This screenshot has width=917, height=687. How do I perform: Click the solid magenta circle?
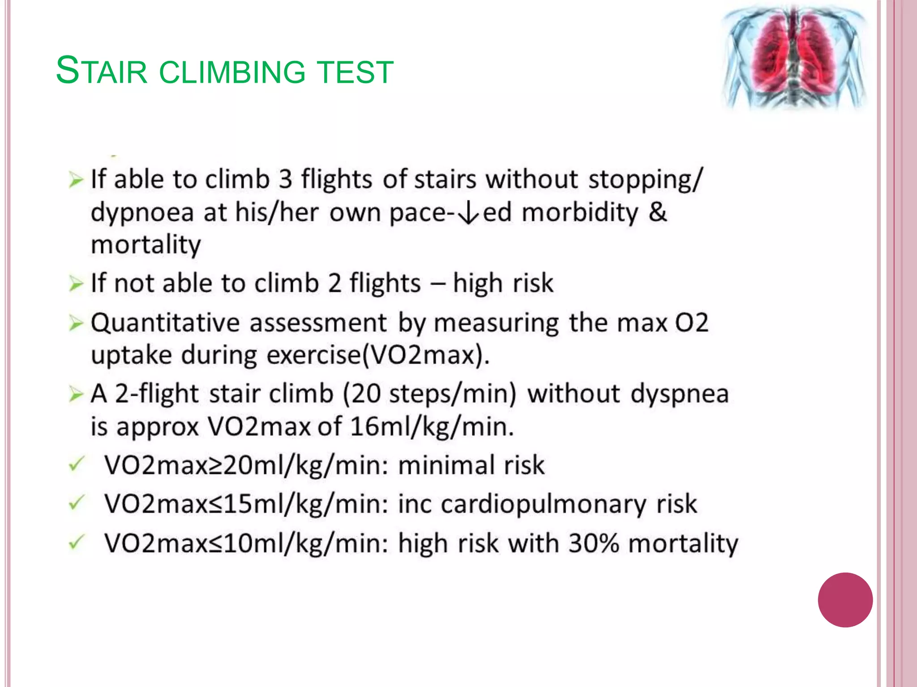845,600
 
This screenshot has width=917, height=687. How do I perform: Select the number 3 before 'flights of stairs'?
286,179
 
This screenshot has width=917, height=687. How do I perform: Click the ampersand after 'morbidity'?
657,212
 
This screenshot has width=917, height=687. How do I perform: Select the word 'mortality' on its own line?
146,245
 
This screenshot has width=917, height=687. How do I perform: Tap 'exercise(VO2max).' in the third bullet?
378,356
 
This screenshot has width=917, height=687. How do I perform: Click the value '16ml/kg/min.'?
432,427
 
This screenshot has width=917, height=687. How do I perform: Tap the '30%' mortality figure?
594,543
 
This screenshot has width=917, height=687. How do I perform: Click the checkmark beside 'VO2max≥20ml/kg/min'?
76,465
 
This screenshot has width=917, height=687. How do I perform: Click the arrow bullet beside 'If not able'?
76,284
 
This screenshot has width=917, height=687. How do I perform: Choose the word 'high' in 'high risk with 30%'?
423,544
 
